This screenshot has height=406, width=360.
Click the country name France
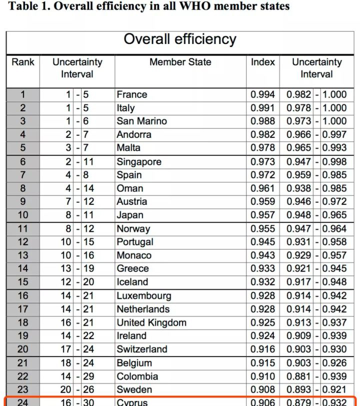point(132,94)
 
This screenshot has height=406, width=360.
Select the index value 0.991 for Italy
point(262,108)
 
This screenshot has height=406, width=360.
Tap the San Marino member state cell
point(142,121)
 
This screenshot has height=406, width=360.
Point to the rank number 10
point(23,215)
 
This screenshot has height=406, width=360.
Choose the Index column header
point(263,62)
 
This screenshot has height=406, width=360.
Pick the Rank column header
point(23,62)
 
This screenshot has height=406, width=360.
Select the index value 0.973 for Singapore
point(262,162)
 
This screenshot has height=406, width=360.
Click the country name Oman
point(130,188)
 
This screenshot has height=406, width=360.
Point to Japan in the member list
point(130,215)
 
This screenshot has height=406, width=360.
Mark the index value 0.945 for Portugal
point(262,242)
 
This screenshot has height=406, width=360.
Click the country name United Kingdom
point(151,323)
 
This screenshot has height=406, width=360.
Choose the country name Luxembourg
point(144,296)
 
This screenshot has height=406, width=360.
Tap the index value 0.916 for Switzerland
point(262,349)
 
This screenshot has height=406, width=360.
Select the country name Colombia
point(137,377)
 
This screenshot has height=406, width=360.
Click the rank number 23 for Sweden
point(23,390)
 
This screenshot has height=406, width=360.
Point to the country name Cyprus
point(132,402)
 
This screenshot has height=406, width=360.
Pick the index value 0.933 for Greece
point(262,269)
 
